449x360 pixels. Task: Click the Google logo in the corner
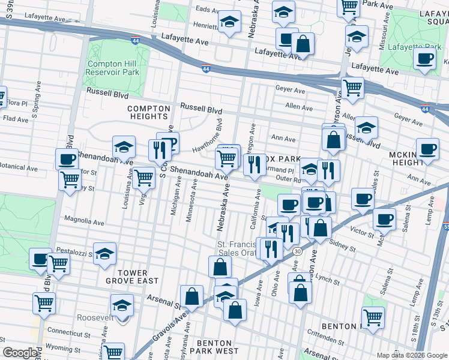click(20, 353)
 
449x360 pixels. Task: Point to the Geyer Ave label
click(291, 90)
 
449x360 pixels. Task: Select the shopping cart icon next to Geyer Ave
click(352, 87)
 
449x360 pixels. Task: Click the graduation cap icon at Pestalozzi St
click(104, 253)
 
